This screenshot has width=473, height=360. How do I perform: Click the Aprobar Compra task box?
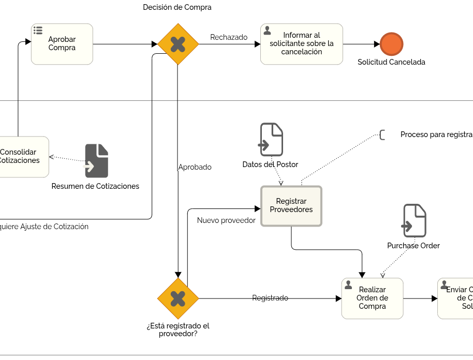click(x=62, y=44)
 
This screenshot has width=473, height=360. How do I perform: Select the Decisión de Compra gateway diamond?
click(x=178, y=44)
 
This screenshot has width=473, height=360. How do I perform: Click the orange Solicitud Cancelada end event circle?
click(x=391, y=44)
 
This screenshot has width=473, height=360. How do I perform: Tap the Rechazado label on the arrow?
click(x=229, y=37)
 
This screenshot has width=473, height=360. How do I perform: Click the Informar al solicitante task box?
click(x=302, y=44)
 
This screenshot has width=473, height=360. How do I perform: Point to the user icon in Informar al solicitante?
click(x=268, y=31)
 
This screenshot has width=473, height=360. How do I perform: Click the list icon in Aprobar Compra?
click(x=38, y=31)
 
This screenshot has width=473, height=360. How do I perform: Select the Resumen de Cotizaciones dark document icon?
click(x=97, y=161)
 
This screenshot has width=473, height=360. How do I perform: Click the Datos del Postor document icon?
click(x=272, y=140)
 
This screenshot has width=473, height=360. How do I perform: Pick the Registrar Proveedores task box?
click(x=291, y=206)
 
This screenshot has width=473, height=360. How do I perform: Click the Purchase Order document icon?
click(x=415, y=221)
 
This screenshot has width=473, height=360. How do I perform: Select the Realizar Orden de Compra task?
click(x=372, y=298)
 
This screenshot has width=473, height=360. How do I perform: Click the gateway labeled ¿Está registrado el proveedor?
click(x=178, y=298)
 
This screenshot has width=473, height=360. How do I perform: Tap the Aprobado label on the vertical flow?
click(x=195, y=167)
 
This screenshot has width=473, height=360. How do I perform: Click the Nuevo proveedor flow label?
click(x=226, y=220)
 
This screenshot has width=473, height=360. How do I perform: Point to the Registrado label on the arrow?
click(x=270, y=298)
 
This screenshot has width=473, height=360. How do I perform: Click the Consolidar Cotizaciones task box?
click(x=23, y=157)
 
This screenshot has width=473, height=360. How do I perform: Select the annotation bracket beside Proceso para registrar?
click(x=382, y=135)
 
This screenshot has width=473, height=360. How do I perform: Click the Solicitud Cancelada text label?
click(x=391, y=62)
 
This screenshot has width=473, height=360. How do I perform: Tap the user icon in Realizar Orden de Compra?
click(x=348, y=285)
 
